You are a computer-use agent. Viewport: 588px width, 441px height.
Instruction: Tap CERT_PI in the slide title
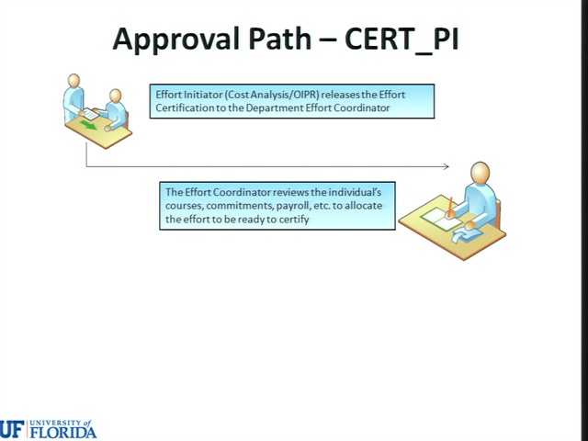[401, 39]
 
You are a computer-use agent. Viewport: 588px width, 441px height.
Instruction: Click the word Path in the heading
[279, 39]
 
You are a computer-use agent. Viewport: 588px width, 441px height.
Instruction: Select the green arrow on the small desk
[88, 125]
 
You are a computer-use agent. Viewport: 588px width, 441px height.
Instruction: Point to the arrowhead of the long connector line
[447, 166]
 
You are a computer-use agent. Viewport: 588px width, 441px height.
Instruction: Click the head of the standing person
[73, 81]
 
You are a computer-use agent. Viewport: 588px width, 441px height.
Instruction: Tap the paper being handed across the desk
[91, 114]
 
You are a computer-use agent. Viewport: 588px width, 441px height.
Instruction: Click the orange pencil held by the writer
[449, 208]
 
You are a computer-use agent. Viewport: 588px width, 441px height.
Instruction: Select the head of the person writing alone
[480, 173]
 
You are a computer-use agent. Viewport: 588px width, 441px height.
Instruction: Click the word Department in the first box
[275, 108]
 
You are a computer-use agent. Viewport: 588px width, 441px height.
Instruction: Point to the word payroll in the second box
[291, 206]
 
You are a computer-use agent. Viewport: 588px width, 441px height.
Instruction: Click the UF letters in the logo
[12, 429]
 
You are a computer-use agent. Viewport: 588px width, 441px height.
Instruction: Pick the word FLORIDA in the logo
[63, 432]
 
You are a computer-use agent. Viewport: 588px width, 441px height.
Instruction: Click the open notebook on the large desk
[441, 219]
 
